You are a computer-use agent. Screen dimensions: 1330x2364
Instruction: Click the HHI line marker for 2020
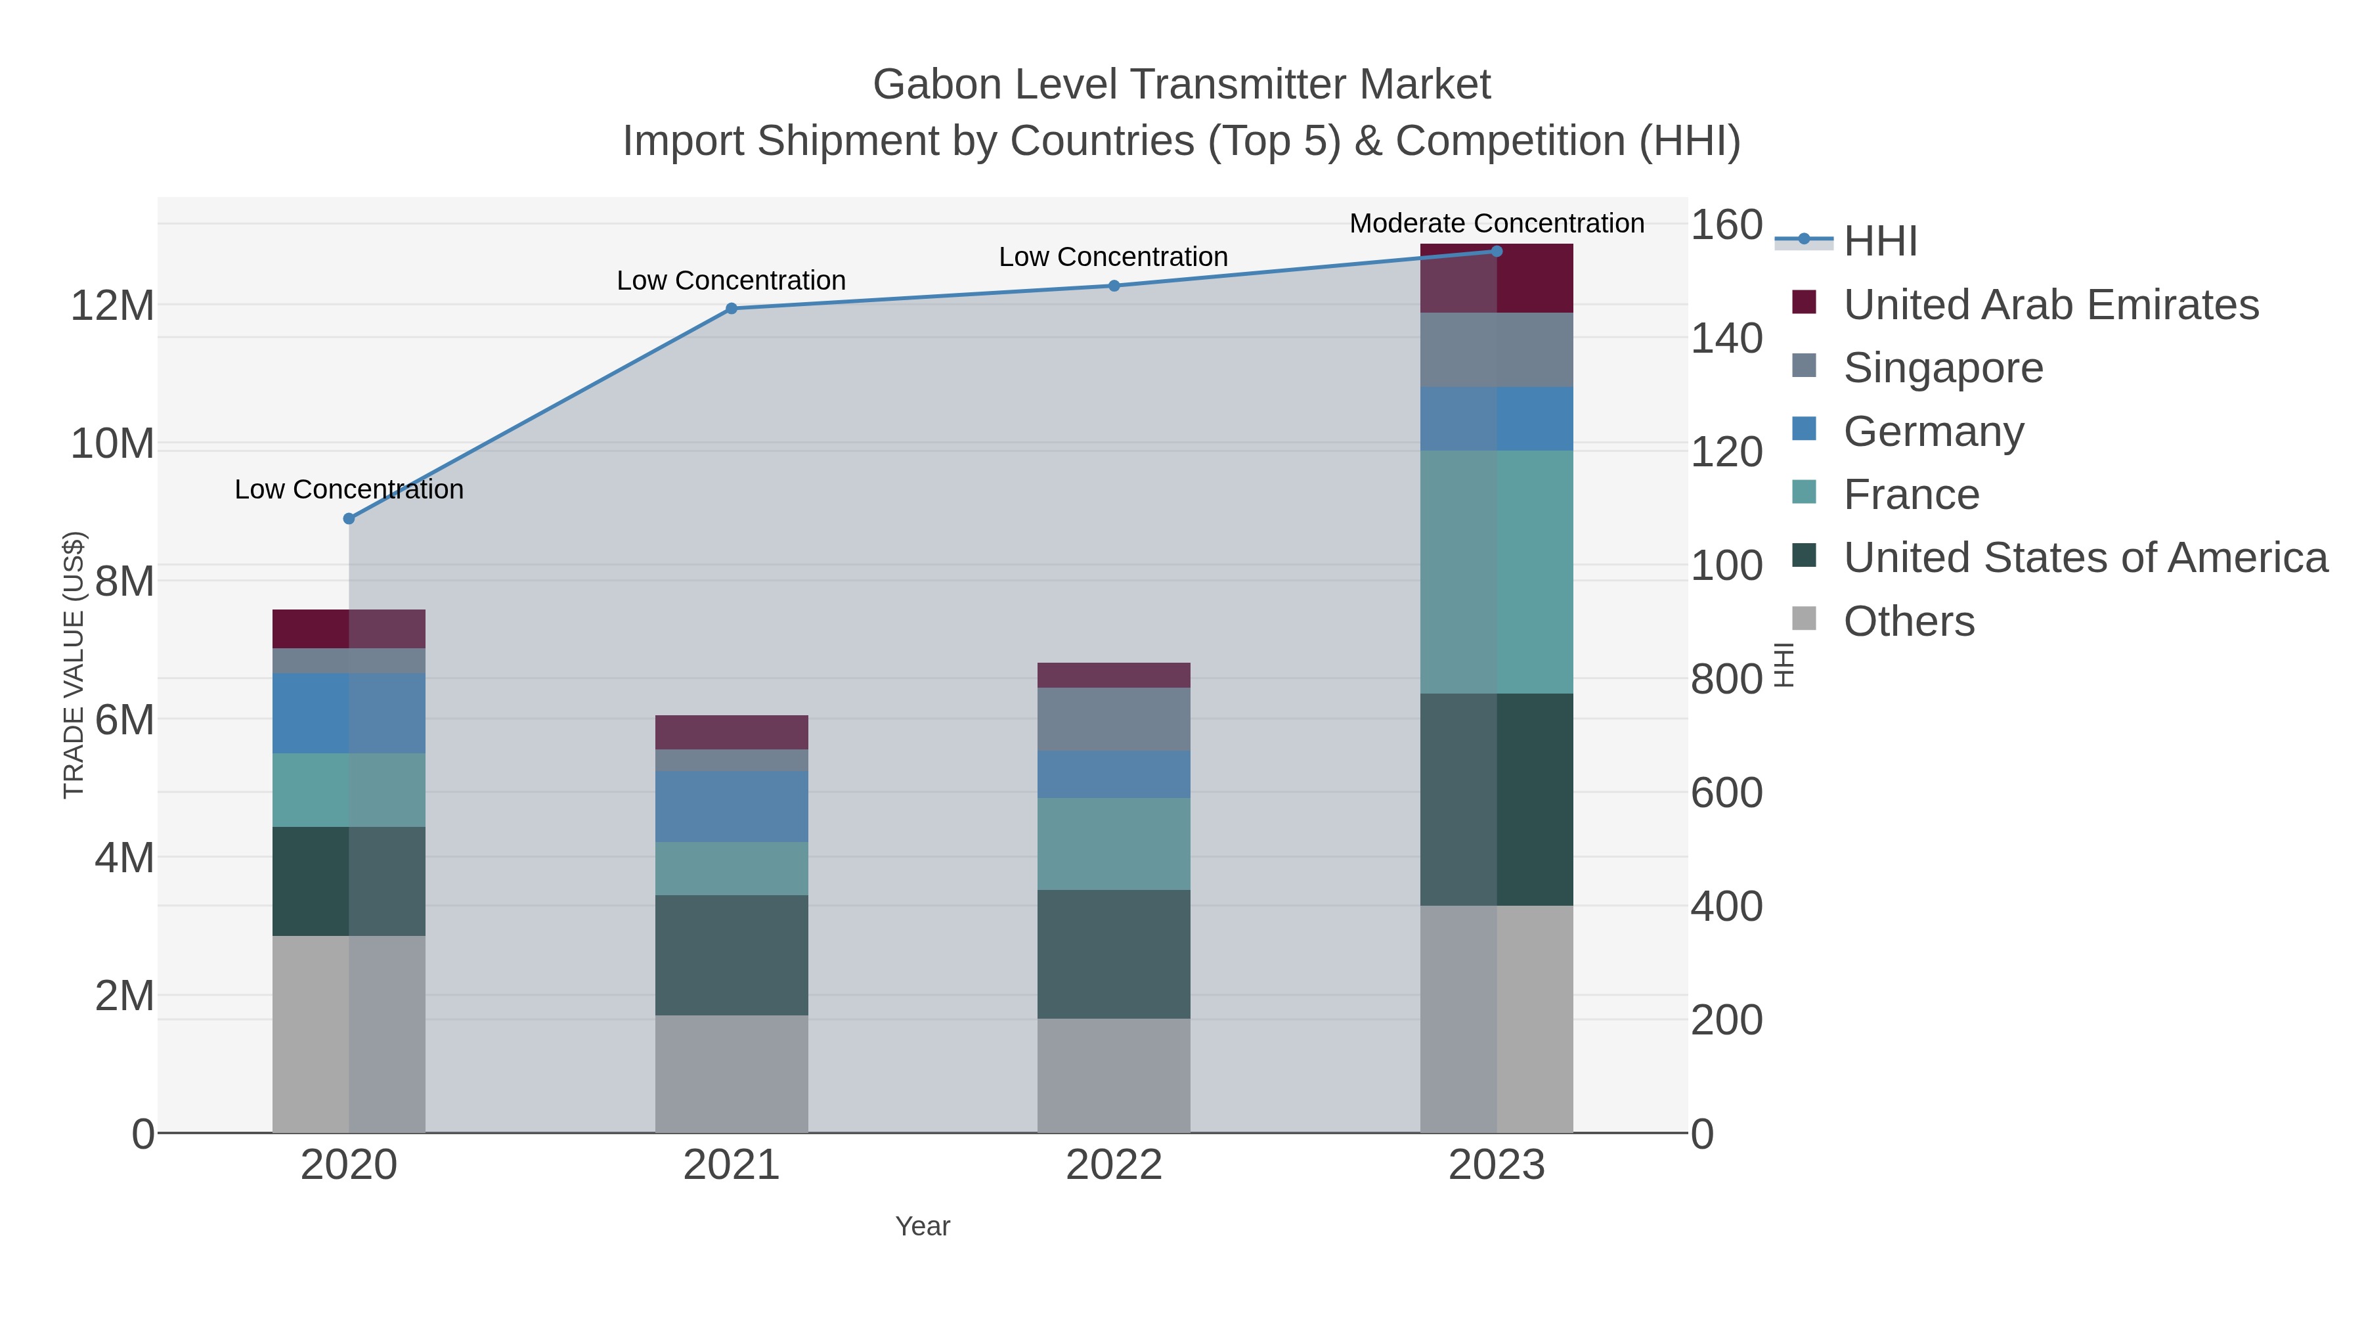(349, 519)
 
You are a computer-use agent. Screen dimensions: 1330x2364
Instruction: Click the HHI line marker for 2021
(732, 309)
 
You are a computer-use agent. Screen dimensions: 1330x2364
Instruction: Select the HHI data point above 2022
(1114, 286)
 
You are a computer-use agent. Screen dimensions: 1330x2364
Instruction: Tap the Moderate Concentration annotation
(1496, 223)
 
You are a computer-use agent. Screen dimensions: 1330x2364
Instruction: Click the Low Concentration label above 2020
(349, 489)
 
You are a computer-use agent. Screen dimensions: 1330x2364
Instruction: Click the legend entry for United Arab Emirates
(2050, 305)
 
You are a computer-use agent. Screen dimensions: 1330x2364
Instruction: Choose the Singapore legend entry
(1943, 368)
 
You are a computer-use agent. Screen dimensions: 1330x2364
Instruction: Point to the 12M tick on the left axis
(112, 305)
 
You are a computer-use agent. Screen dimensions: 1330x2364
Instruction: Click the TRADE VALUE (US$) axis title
(74, 665)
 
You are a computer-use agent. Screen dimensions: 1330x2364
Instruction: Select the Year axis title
(923, 1226)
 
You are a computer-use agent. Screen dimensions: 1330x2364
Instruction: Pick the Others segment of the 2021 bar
(732, 1073)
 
